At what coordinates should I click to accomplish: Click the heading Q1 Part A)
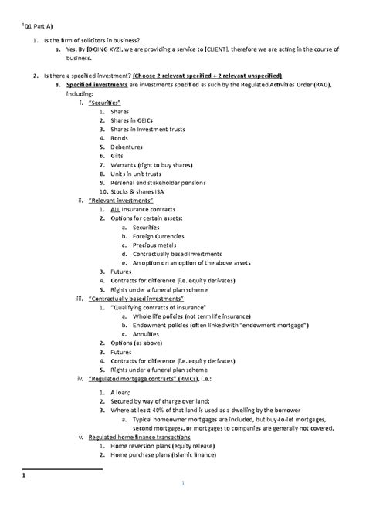(x=38, y=29)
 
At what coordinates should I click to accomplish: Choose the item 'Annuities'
(x=145, y=334)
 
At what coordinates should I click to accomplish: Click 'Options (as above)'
(x=135, y=343)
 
